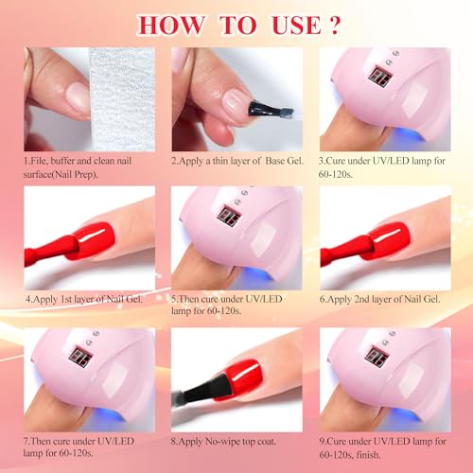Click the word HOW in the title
[x=170, y=25]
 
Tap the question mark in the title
[x=334, y=25]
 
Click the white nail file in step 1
[x=122, y=99]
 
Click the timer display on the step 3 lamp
[x=380, y=77]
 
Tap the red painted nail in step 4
[x=94, y=240]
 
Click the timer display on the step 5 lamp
[x=230, y=216]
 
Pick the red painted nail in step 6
[x=390, y=240]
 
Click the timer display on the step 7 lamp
[x=81, y=358]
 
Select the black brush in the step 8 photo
[x=205, y=389]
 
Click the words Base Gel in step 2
[x=285, y=161]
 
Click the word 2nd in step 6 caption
[x=361, y=299]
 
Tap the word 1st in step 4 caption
[x=65, y=299]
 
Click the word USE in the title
[x=296, y=25]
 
